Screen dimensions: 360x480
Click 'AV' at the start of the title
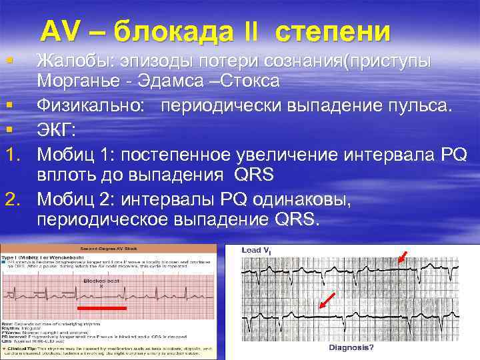(x=61, y=31)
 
